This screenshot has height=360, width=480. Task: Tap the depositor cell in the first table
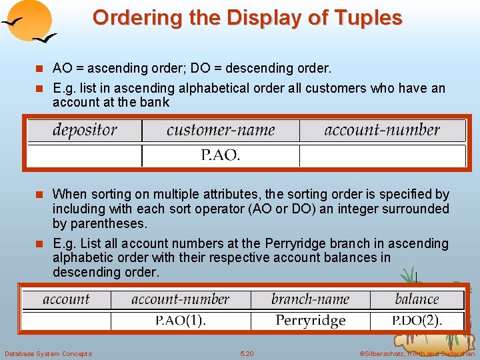pos(85,130)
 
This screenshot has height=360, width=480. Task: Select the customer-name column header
pos(221,130)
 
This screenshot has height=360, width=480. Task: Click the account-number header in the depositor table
pos(382,130)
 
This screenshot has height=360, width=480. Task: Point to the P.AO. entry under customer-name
pos(221,155)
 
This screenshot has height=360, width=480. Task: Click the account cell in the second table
pos(66,299)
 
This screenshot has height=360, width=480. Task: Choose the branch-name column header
pos(310,299)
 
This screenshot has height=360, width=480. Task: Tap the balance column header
pos(417,299)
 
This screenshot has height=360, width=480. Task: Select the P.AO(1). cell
pos(181,321)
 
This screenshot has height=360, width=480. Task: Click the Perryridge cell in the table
pos(311,321)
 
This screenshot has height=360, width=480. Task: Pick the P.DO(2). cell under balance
pos(417,321)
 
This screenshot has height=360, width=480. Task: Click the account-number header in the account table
pos(181,299)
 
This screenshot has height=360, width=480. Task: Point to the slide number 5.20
pos(247,353)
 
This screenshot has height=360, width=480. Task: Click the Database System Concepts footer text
pos(48,353)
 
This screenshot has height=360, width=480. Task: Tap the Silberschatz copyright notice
pos(417,353)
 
